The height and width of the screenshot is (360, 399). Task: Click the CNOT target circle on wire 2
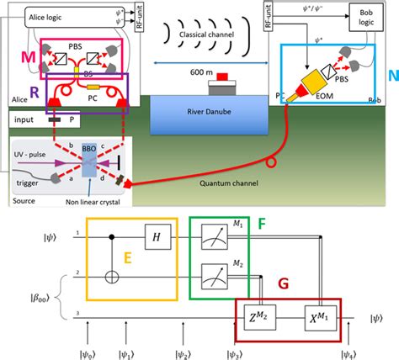click(x=114, y=274)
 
